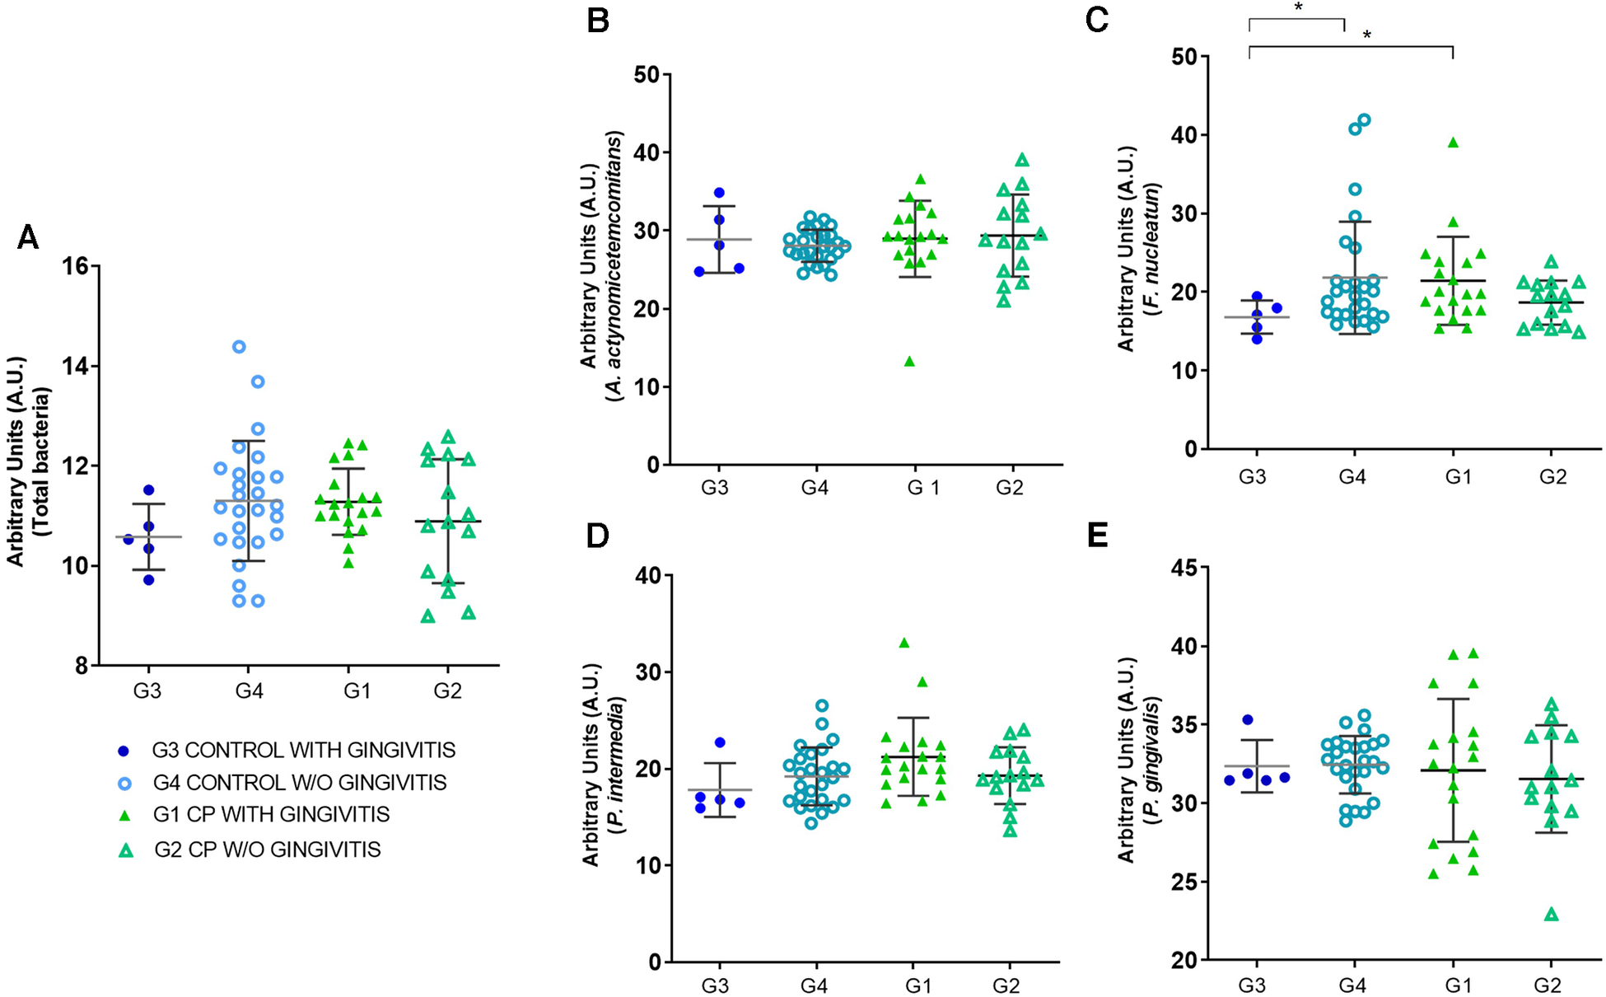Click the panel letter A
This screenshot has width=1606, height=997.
[28, 237]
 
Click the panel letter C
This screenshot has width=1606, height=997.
[1097, 20]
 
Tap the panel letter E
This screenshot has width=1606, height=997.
[1097, 535]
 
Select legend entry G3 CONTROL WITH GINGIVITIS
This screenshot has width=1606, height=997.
[303, 751]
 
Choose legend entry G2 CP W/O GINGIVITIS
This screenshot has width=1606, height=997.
[267, 850]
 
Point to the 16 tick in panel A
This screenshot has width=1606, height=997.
[77, 266]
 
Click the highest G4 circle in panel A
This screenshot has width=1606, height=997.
[239, 347]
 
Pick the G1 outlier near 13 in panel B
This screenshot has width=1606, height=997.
[910, 362]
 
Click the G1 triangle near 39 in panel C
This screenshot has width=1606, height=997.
[1454, 143]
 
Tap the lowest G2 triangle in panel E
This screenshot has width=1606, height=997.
[1552, 915]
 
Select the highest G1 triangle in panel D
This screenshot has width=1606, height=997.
[904, 643]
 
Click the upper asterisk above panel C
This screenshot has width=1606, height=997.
[1299, 7]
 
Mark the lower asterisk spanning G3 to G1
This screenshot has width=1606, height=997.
[1367, 35]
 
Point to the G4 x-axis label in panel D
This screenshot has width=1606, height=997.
[814, 985]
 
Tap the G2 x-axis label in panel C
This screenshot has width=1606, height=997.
[1552, 477]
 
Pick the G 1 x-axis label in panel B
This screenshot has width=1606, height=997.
[923, 488]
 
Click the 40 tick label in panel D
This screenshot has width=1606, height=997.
[648, 575]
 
